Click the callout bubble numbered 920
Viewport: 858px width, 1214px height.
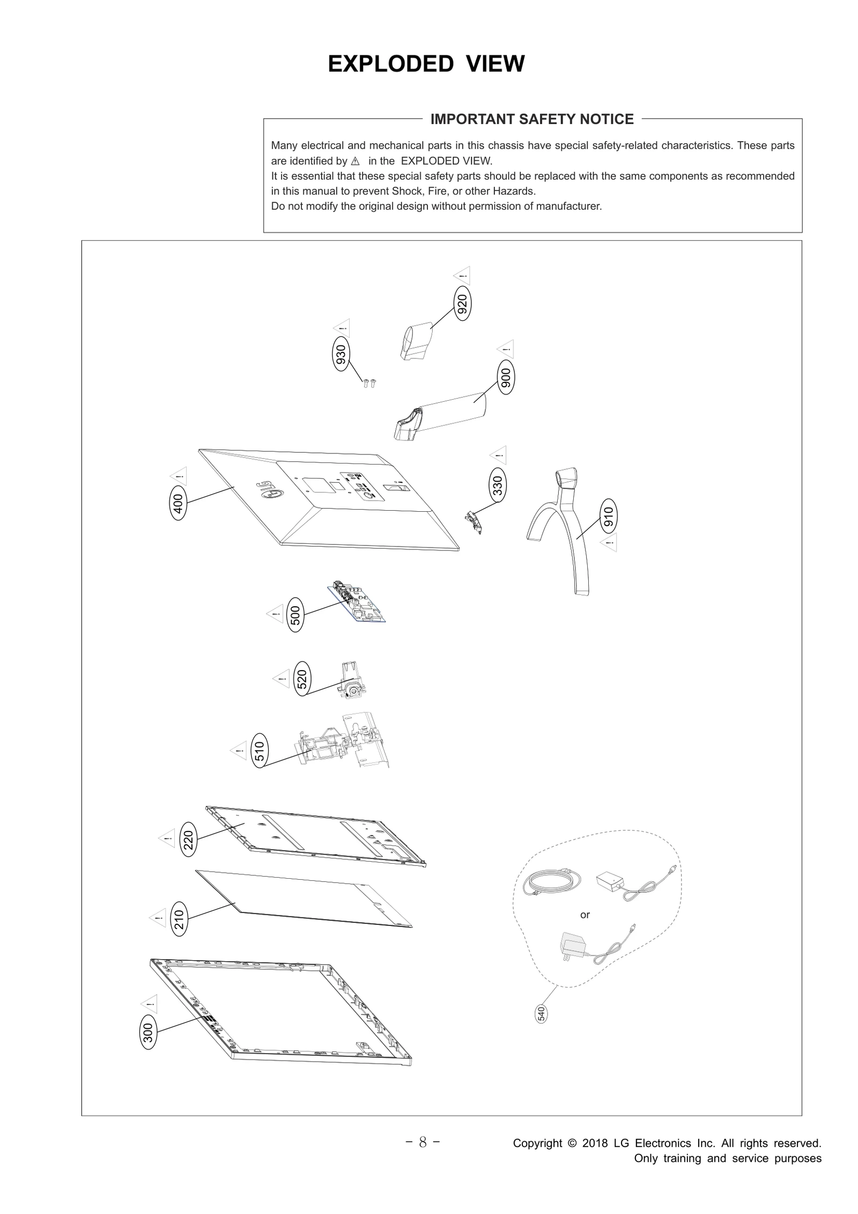pos(462,304)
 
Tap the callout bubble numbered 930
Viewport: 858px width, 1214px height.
pos(341,354)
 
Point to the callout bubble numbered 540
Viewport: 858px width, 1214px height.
pos(542,1013)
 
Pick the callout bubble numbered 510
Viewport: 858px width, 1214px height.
pos(259,751)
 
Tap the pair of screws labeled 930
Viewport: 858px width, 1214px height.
pos(369,382)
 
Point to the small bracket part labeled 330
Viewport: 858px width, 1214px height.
pos(474,522)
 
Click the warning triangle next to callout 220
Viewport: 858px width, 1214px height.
pos(167,837)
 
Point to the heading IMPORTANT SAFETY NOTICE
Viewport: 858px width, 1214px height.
pos(531,119)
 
